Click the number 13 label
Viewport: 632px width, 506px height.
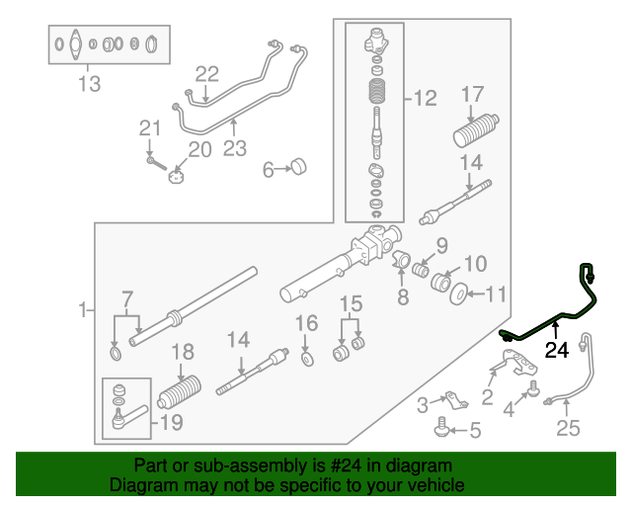tap(89, 84)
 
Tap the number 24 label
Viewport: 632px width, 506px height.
tap(557, 349)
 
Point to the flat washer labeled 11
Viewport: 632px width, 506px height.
tap(459, 294)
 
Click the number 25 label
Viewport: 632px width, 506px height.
tap(569, 428)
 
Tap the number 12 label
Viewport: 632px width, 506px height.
tap(424, 98)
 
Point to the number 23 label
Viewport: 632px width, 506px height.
tap(234, 149)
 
